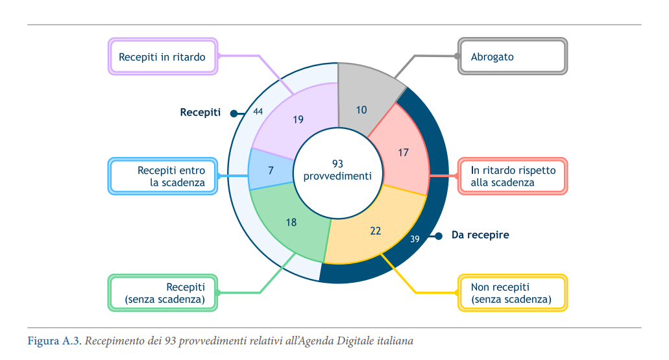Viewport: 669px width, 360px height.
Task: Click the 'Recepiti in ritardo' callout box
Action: point(162,57)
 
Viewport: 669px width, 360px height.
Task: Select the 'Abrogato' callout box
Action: point(513,57)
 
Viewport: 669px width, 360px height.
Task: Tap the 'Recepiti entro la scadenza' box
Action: point(163,176)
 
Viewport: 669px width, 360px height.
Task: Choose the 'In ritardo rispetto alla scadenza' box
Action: point(513,176)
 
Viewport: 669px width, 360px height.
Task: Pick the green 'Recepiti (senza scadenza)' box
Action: point(163,293)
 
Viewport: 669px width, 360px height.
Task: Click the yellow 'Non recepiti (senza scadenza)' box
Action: point(513,293)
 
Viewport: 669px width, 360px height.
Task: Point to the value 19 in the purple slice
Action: point(298,119)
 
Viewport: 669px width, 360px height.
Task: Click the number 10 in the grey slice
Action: point(361,110)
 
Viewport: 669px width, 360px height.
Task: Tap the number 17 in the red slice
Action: point(404,152)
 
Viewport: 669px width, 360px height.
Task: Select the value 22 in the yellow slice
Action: point(376,231)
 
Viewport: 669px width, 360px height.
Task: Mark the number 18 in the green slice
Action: point(291,222)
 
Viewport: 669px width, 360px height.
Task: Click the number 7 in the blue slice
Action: point(271,169)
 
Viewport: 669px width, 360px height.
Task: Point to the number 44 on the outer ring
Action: point(258,112)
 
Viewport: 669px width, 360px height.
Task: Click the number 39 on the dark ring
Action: point(415,239)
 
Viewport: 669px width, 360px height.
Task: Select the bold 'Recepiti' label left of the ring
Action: point(201,112)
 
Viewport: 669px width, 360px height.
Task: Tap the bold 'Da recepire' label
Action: point(480,235)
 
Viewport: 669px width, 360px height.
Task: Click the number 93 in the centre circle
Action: point(337,163)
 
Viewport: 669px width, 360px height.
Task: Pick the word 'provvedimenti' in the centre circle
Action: point(337,176)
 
